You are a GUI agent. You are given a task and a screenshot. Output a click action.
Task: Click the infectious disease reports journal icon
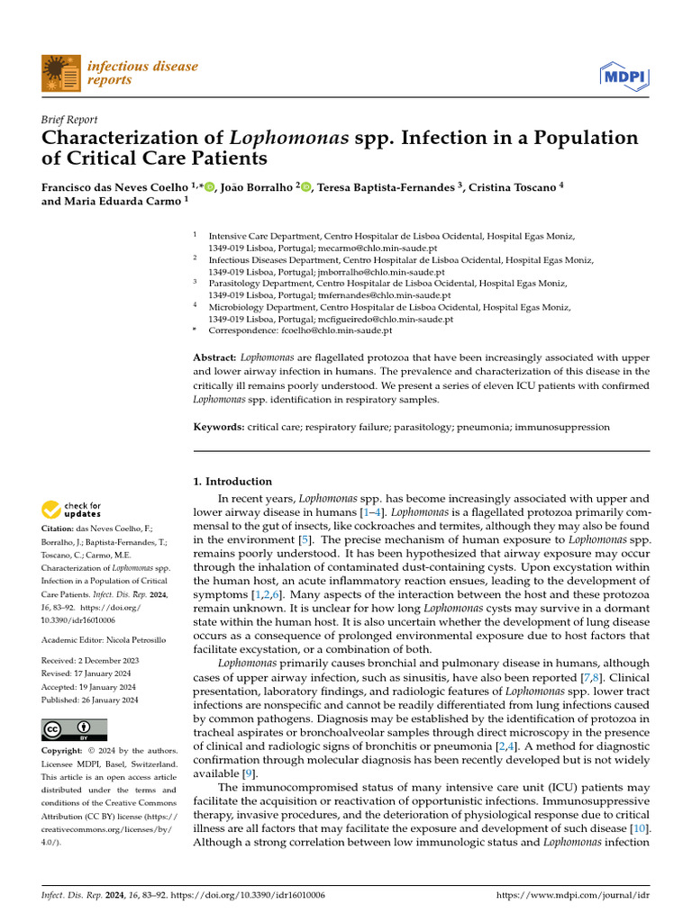(60, 73)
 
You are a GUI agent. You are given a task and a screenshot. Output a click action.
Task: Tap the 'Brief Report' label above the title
(70, 120)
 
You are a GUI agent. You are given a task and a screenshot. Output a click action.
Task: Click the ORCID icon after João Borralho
(305, 187)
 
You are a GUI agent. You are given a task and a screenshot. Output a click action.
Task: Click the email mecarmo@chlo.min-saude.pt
(364, 247)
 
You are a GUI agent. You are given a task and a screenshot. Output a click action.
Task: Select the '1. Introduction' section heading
(233, 482)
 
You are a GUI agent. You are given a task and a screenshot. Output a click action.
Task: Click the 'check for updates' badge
(72, 510)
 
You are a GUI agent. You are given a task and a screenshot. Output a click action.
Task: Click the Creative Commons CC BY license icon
(74, 729)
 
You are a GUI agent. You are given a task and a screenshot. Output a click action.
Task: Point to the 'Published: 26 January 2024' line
(90, 700)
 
